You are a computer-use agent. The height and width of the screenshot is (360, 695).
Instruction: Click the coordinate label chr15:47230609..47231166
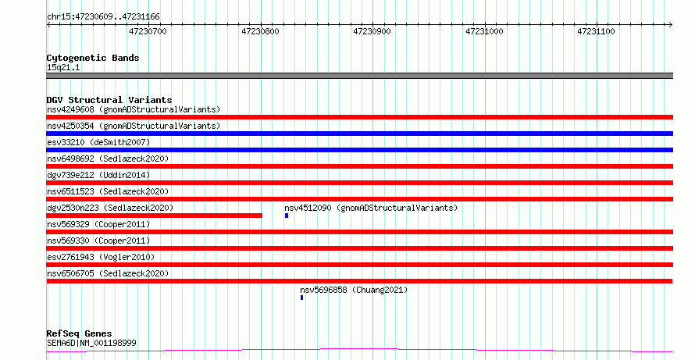(103, 17)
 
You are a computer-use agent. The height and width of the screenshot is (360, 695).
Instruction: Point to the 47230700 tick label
(148, 31)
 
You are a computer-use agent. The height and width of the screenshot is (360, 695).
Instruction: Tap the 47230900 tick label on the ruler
(372, 31)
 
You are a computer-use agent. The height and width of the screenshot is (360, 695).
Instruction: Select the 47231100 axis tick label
(596, 31)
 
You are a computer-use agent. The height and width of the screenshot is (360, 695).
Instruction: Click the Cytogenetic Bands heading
(93, 58)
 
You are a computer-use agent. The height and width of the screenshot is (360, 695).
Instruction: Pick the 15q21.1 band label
(63, 68)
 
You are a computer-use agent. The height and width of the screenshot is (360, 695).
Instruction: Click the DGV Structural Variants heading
(109, 100)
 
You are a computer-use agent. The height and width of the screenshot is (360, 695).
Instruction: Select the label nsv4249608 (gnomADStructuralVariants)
(134, 109)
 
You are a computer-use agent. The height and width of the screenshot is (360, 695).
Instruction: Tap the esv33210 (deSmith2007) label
(98, 142)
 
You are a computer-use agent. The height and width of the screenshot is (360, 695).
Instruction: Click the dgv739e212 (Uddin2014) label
(98, 175)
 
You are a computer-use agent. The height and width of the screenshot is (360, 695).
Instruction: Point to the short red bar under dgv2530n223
(155, 216)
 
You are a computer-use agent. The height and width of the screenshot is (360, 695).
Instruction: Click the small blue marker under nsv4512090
(287, 216)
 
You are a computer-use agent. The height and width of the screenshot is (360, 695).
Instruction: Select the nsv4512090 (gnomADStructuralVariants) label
(371, 208)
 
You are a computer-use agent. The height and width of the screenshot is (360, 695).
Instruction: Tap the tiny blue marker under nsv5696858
(302, 298)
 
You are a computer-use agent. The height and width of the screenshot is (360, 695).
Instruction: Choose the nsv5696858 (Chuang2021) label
(354, 290)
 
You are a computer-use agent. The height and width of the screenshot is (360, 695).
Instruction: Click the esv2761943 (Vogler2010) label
(101, 257)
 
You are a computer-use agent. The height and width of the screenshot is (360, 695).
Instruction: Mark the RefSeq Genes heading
(80, 333)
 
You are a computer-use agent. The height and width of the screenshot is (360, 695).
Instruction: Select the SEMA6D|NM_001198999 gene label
(91, 343)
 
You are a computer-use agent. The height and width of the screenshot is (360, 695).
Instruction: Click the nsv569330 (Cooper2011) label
(98, 241)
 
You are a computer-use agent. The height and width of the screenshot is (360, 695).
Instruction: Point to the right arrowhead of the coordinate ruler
(671, 25)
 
